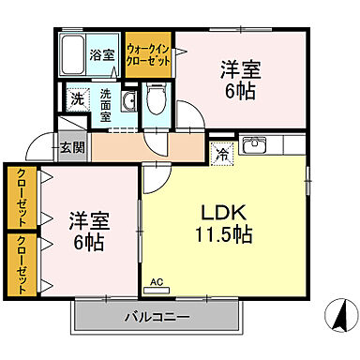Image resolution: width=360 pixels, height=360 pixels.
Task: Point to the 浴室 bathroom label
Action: click(101, 55)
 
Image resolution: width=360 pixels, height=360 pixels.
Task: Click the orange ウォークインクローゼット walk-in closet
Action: click(148, 55)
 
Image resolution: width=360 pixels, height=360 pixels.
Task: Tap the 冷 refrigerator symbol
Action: click(222, 154)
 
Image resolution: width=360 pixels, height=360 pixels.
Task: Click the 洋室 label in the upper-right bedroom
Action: click(239, 70)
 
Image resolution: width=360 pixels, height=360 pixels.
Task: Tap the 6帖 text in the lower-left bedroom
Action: click(90, 241)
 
